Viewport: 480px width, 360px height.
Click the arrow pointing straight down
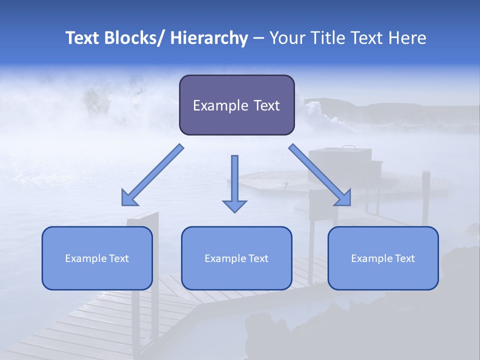tap(234, 182)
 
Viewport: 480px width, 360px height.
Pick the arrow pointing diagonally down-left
tap(152, 175)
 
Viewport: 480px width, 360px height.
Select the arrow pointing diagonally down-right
tap(320, 175)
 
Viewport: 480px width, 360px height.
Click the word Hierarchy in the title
tap(209, 38)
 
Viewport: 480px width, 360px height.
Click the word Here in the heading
tap(407, 38)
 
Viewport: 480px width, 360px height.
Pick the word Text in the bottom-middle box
tap(257, 258)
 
